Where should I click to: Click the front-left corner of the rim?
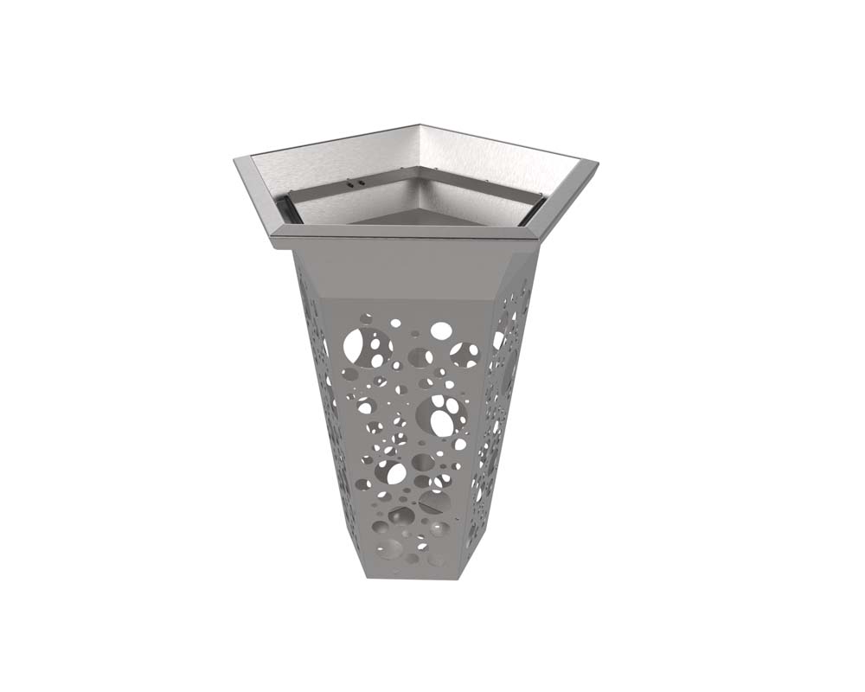pos(275,242)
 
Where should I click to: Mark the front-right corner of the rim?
pos(529,235)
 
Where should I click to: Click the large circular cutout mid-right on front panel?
pos(447,417)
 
